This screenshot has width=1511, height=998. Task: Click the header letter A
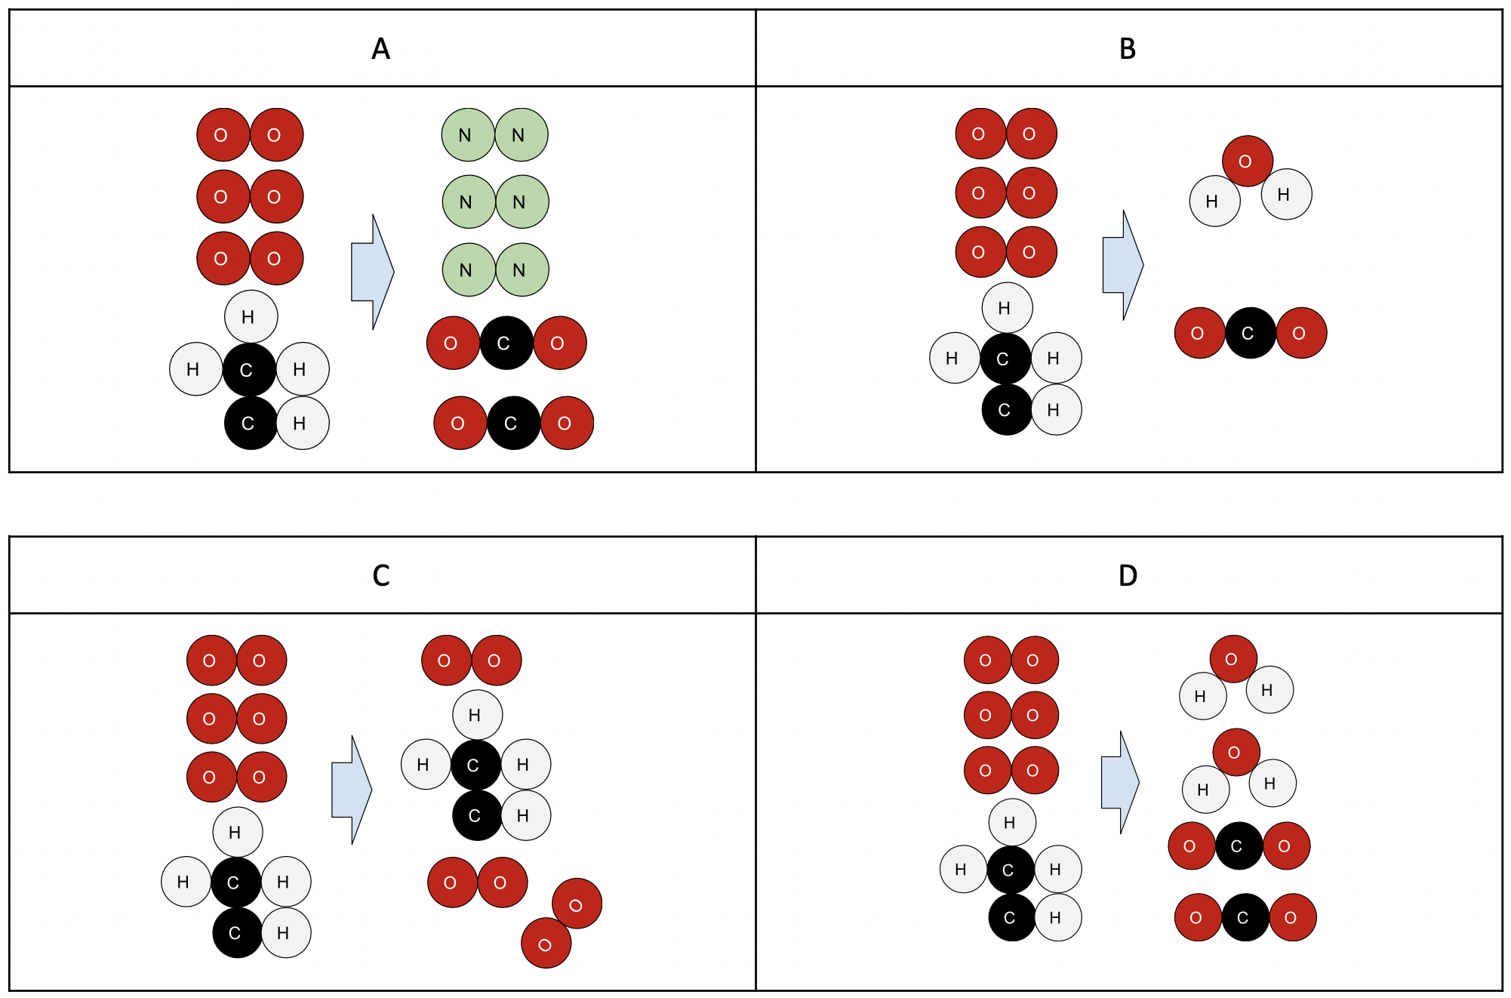pyautogui.click(x=381, y=49)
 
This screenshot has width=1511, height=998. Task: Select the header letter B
pyautogui.click(x=1128, y=49)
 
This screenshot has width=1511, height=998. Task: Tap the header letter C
pyautogui.click(x=381, y=576)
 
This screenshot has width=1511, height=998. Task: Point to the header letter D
pyautogui.click(x=1128, y=576)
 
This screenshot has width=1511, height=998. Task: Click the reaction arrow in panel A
pyautogui.click(x=372, y=272)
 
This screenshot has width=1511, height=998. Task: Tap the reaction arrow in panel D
pyautogui.click(x=1120, y=782)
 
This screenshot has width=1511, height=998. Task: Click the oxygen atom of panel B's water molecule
pyautogui.click(x=1247, y=161)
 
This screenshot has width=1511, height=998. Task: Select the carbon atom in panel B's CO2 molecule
pyautogui.click(x=1250, y=333)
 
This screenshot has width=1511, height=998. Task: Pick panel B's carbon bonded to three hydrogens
pyautogui.click(x=1005, y=359)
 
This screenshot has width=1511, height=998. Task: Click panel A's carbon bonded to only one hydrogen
pyautogui.click(x=250, y=424)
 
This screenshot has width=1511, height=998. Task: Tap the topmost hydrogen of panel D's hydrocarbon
pyautogui.click(x=1011, y=822)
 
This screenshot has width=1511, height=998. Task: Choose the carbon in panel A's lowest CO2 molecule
pyautogui.click(x=513, y=424)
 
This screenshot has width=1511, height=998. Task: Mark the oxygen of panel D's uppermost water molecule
pyautogui.click(x=1232, y=659)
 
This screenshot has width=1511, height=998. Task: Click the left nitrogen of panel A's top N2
pyautogui.click(x=467, y=135)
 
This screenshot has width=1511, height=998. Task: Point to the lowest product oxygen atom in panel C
pyautogui.click(x=546, y=944)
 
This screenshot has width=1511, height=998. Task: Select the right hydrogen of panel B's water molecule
pyautogui.click(x=1285, y=194)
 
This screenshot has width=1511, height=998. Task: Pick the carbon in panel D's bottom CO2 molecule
pyautogui.click(x=1245, y=917)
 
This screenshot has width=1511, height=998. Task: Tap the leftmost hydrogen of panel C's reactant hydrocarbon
pyautogui.click(x=185, y=882)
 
